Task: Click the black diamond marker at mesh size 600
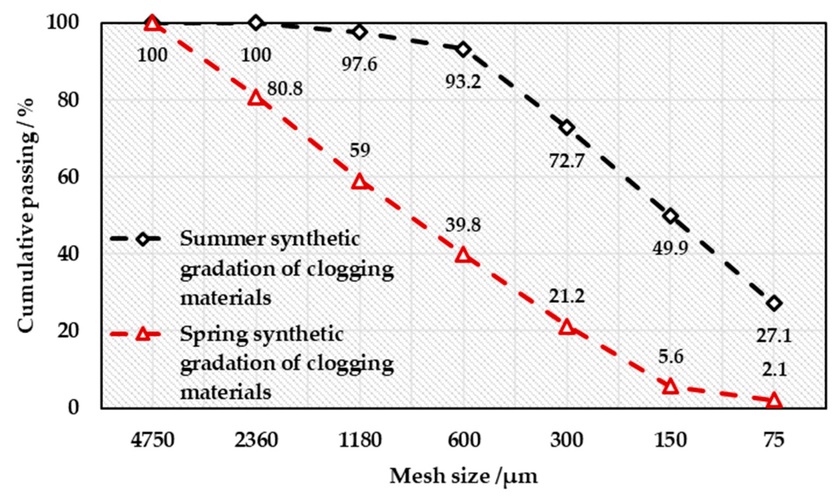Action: coord(463,49)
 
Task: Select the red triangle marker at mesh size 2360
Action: coord(256,98)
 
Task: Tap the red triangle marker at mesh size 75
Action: coord(774,401)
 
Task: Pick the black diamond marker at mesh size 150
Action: coord(670,216)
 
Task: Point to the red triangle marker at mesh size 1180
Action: coord(360,182)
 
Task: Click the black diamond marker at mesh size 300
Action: coord(567,128)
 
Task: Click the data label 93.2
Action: coord(463,82)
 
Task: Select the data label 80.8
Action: coord(285,89)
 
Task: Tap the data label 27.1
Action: coord(774,336)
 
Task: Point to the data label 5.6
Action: coord(670,357)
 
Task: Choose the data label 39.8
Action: coord(463,225)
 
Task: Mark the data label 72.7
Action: coord(566,161)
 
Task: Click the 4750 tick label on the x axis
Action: coord(152,440)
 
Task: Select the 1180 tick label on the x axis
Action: coord(360,440)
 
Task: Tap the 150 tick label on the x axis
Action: coord(670,440)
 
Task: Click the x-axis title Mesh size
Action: coord(463,476)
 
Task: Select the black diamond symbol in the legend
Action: coord(143,239)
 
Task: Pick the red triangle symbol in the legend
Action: coord(143,334)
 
